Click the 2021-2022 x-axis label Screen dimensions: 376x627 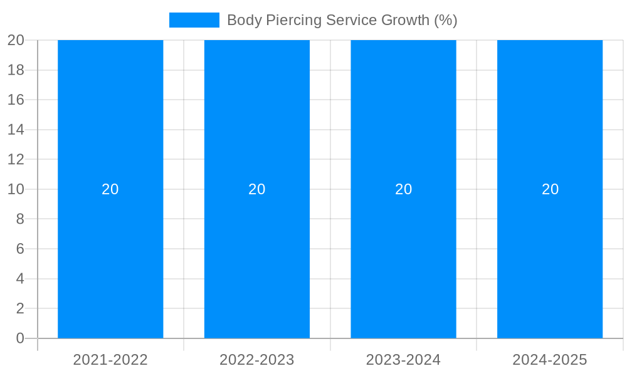tap(110, 360)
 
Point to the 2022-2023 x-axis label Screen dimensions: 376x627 tap(257, 360)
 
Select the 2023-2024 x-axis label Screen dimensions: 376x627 tap(403, 360)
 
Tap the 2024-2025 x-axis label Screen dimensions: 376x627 tap(550, 360)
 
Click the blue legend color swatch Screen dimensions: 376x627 tap(194, 20)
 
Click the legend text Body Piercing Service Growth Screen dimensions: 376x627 tap(342, 20)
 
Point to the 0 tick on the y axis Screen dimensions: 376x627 tap(20, 338)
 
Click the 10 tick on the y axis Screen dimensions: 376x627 tap(16, 189)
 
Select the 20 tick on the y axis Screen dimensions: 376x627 tap(16, 40)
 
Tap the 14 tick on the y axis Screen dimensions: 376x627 tap(16, 130)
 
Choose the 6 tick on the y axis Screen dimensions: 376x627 tap(20, 249)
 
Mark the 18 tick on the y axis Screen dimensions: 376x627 tap(16, 70)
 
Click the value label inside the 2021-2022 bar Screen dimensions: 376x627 tap(110, 189)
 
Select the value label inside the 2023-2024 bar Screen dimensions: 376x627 tap(403, 189)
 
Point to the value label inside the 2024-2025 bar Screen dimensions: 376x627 tap(550, 189)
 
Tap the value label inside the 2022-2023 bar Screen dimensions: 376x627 tap(257, 189)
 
